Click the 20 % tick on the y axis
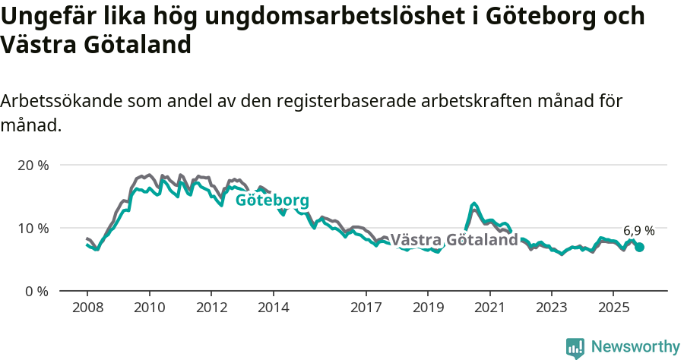click(x=32, y=165)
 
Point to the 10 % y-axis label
click(x=32, y=228)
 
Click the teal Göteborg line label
click(x=272, y=201)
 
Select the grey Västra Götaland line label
click(x=454, y=240)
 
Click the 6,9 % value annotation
click(x=638, y=230)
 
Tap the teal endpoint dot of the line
click(x=640, y=247)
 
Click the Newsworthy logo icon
click(x=575, y=347)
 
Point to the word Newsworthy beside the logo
click(x=635, y=347)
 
